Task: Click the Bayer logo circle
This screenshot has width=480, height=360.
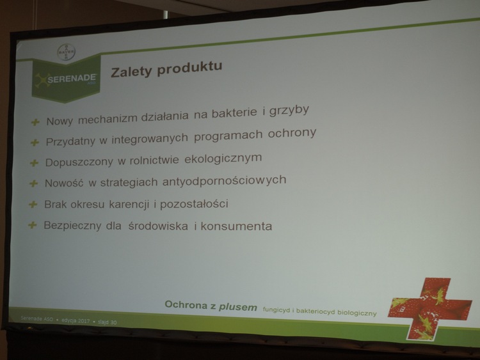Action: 67,52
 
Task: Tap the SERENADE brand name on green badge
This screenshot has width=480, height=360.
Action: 72,79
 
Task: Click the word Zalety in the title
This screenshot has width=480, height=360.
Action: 131,72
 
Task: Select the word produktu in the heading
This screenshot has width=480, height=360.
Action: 189,68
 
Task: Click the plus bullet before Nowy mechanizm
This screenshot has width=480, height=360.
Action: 35,122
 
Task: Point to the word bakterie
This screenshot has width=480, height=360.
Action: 234,113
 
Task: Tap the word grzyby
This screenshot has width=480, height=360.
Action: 289,111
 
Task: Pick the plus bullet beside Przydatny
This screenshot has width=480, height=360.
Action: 35,143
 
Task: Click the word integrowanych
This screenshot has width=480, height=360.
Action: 150,139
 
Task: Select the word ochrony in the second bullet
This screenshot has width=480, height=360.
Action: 292,134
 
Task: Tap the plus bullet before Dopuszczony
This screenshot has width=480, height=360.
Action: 34,163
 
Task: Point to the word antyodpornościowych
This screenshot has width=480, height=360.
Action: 225,180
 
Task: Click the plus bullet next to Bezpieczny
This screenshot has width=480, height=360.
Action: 32,226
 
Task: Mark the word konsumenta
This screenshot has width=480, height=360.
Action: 236,226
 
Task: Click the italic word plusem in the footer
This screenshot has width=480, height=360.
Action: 238,307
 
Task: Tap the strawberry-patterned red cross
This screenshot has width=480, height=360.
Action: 430,309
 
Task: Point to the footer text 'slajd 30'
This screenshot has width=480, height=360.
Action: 107,322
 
